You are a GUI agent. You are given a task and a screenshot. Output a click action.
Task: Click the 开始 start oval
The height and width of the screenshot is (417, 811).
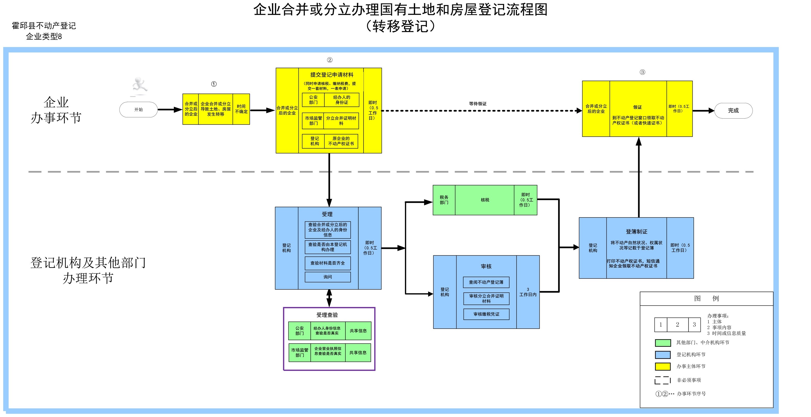138,110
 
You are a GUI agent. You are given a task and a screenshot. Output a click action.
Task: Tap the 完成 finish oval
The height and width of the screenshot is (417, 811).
733,111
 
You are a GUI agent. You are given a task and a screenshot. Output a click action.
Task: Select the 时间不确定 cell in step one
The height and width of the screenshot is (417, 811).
241,109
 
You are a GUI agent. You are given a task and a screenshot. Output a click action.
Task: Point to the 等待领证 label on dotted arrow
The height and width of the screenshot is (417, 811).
478,104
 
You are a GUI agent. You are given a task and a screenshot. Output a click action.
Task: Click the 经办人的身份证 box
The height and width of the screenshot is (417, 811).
342,100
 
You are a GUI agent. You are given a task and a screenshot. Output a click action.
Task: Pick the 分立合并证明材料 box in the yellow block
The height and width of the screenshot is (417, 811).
341,121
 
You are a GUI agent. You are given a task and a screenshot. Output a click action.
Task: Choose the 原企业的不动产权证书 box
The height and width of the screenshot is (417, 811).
341,141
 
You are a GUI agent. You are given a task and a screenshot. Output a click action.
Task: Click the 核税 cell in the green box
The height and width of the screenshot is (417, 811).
485,200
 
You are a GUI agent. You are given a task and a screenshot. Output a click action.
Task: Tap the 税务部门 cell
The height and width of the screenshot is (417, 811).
444,200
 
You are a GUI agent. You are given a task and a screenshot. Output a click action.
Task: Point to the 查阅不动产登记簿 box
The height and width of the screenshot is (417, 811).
486,282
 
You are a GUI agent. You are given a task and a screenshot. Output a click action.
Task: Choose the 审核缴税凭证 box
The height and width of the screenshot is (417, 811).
486,314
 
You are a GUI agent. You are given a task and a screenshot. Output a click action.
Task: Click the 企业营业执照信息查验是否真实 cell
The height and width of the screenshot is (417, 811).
328,351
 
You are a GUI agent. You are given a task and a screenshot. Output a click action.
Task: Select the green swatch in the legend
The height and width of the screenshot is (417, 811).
663,342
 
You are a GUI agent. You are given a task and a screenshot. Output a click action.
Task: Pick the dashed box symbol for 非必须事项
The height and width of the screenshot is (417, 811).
662,381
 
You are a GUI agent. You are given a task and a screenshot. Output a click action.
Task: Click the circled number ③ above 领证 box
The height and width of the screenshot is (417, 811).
642,72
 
